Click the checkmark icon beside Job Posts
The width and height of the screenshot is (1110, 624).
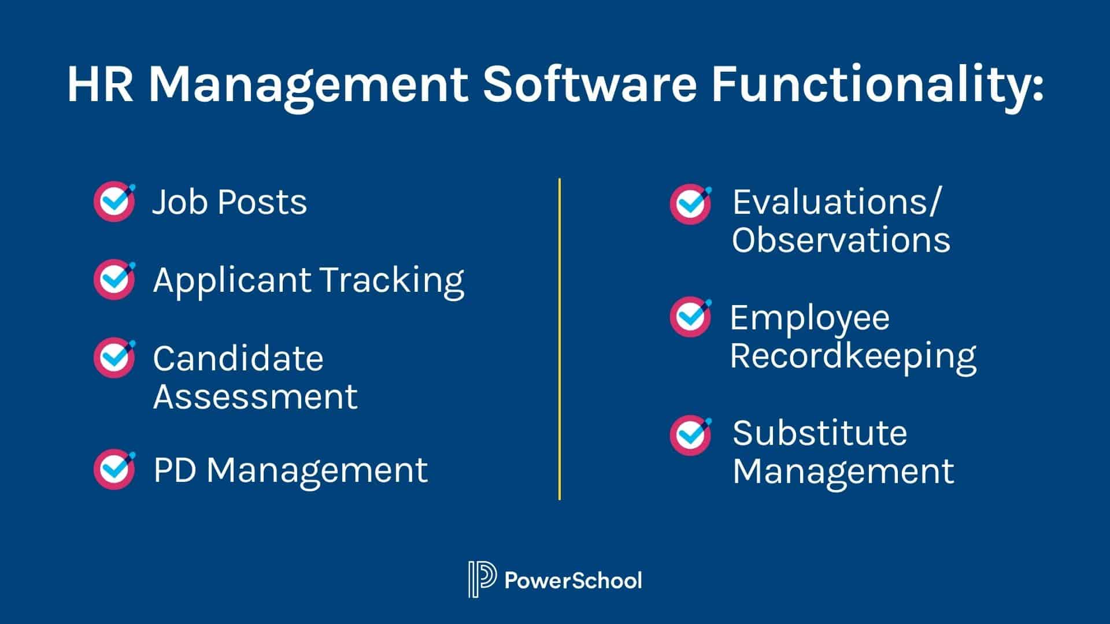click(114, 201)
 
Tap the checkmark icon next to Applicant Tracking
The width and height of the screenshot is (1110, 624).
click(114, 280)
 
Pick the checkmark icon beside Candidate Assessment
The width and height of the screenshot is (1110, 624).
click(114, 358)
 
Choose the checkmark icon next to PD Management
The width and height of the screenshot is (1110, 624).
click(114, 469)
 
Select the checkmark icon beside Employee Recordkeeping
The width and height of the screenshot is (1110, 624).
click(691, 317)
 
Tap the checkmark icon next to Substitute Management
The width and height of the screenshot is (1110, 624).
click(691, 435)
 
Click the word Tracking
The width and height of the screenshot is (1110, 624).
click(392, 281)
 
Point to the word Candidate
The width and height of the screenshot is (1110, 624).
click(238, 358)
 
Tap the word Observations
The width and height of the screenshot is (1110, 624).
click(841, 239)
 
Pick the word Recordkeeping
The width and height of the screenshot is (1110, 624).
click(853, 356)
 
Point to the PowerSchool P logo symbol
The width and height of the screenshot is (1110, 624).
click(482, 579)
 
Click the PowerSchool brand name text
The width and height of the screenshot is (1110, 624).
click(573, 580)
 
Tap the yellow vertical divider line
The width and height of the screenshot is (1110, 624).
click(560, 339)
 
